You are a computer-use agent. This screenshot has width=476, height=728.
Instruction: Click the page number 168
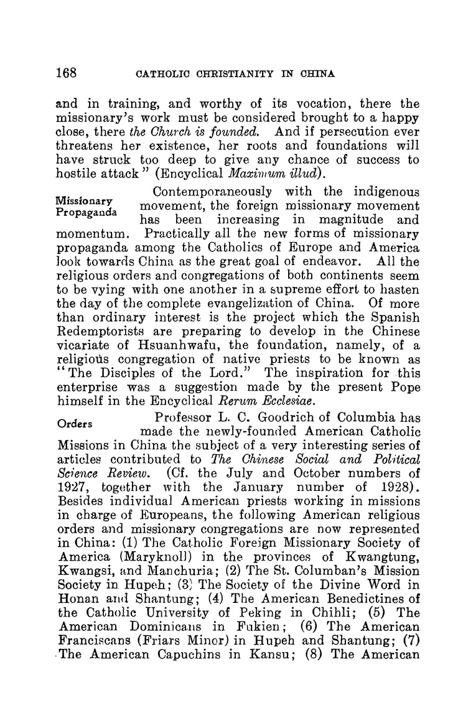[x=65, y=72]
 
